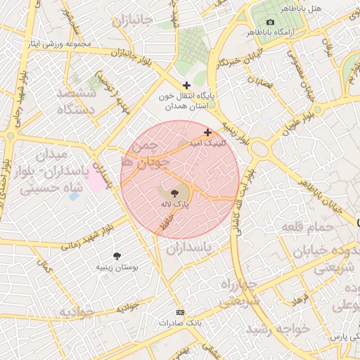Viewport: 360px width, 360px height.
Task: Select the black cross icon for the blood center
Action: (186, 85)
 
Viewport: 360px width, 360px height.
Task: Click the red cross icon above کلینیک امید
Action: (207, 132)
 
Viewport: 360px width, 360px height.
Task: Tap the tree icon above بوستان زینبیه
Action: (117, 257)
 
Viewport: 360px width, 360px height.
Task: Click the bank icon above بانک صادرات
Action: (181, 311)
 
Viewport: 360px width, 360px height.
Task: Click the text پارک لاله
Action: (174, 203)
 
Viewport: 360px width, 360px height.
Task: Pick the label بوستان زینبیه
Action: (117, 269)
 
